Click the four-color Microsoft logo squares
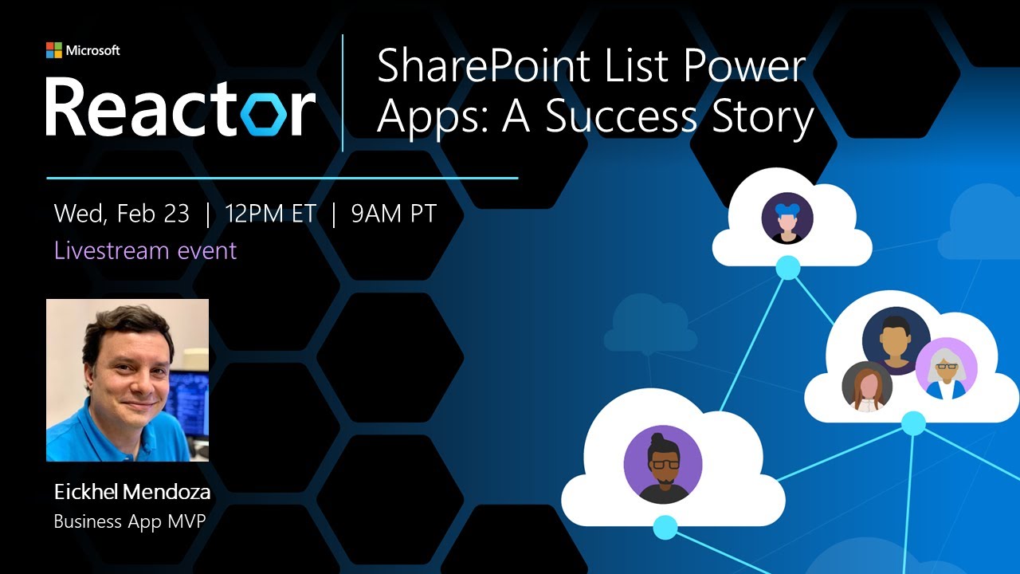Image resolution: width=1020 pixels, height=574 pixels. click(x=54, y=50)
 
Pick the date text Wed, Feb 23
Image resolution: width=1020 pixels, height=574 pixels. click(x=122, y=214)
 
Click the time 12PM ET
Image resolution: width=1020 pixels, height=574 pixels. click(x=270, y=214)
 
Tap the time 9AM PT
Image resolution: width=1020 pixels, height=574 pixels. click(x=394, y=214)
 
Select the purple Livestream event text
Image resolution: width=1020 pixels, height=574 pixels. click(x=145, y=250)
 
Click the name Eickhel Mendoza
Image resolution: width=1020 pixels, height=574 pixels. click(x=132, y=493)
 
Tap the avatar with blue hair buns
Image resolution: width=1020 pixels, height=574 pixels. click(x=787, y=218)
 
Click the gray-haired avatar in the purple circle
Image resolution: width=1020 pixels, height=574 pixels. click(x=946, y=368)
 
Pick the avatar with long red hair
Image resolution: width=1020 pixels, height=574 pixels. click(x=867, y=387)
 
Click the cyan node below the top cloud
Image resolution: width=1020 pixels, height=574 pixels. click(x=788, y=268)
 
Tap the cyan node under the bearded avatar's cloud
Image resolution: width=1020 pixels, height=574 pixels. click(x=665, y=527)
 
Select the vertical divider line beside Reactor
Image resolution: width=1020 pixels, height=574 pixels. click(x=343, y=92)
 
